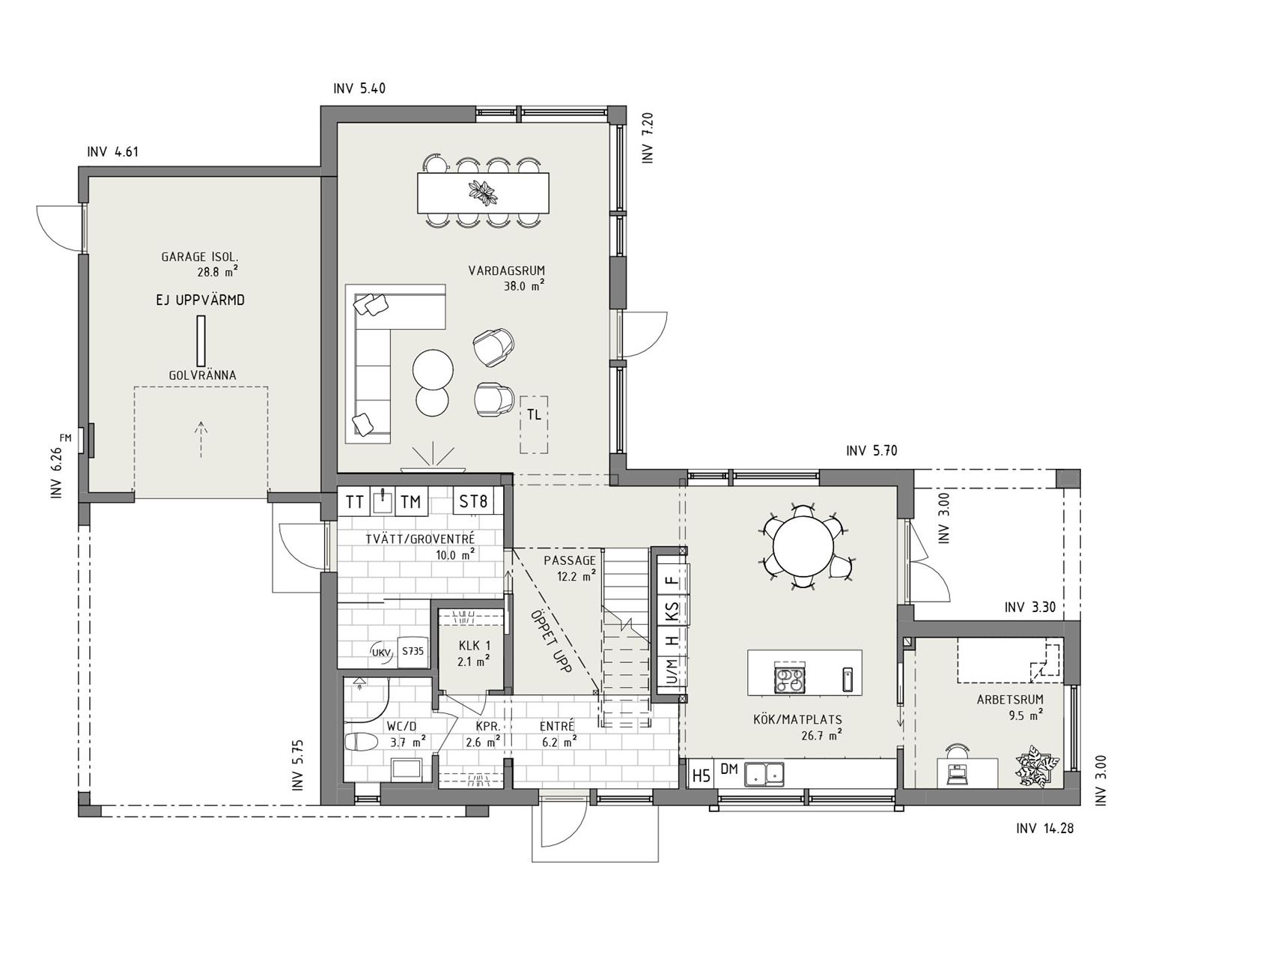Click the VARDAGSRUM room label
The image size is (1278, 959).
pos(506,270)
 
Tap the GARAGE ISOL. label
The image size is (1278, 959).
pos(199,257)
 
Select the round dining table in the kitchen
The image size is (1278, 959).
pos(803,545)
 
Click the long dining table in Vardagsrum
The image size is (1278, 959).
pos(483,193)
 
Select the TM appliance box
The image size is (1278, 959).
pos(410,501)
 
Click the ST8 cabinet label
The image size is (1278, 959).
pos(473,500)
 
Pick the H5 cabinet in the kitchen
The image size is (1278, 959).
pos(701,775)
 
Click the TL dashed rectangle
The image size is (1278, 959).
pos(534,424)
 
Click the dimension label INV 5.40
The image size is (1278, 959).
pos(359,89)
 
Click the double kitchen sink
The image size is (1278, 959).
pos(764,773)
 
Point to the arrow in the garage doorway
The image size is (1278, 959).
pos(201,438)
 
